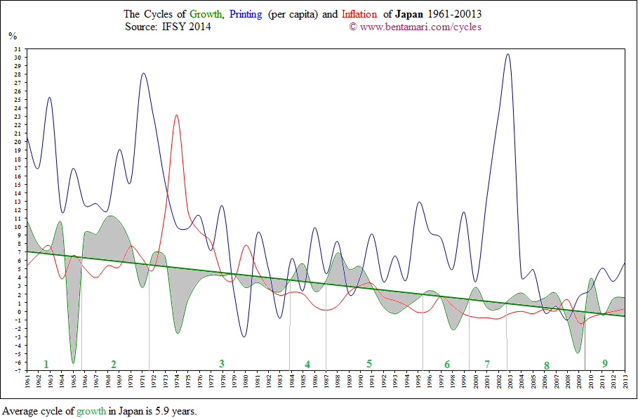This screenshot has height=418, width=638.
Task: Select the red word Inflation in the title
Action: pos(360,14)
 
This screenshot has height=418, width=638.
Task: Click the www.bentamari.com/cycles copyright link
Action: pos(420,27)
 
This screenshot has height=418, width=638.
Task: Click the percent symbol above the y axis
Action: pos(12,35)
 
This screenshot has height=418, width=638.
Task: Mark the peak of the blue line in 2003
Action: pos(508,55)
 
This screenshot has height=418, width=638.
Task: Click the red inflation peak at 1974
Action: pos(176,115)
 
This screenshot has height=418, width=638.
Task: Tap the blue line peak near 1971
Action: pos(143,73)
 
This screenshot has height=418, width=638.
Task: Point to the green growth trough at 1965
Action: pos(73,363)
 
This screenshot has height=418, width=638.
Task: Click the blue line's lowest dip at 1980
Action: pos(244,337)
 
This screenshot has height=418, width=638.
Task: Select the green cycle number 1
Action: pos(46,364)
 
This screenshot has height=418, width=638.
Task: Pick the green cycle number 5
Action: pos(368,364)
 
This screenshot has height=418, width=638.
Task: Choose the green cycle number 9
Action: pos(604,363)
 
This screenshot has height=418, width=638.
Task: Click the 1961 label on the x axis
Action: pos(27,383)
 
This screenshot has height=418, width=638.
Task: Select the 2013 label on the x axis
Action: pos(624,383)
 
